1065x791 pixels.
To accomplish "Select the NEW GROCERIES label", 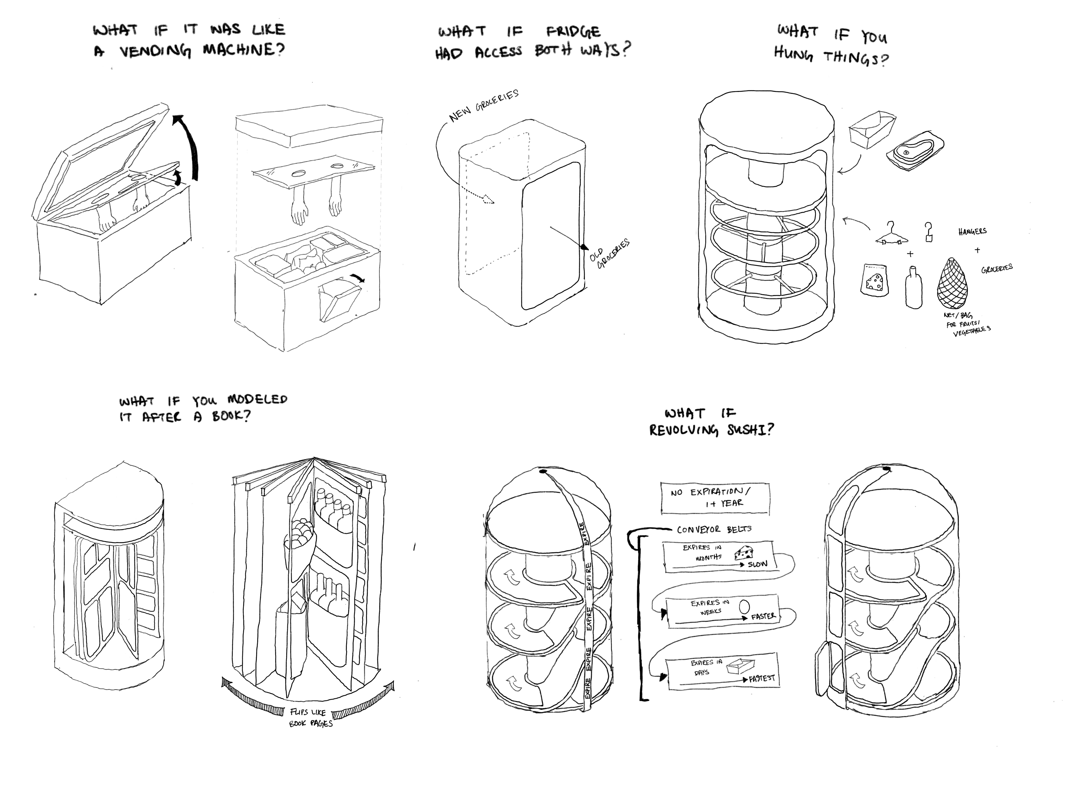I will tap(483, 105).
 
